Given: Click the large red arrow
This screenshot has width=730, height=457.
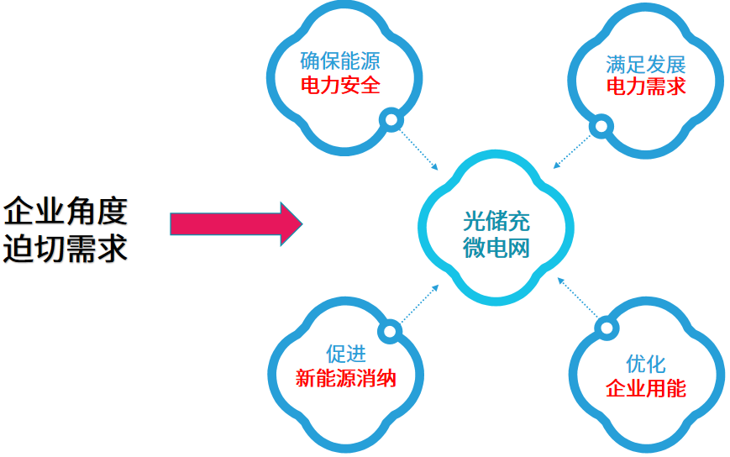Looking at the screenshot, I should coord(235,224).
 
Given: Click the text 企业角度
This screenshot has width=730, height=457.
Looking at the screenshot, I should coord(66,211).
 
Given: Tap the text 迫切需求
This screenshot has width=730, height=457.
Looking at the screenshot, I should coord(66,250).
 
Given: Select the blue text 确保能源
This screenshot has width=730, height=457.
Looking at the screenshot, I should coord(340,61).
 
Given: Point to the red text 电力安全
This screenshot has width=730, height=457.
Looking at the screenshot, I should coord(340,86).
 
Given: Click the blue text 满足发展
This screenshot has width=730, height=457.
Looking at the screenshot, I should coord(645,65).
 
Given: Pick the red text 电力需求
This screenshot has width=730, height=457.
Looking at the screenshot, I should coord(645,87).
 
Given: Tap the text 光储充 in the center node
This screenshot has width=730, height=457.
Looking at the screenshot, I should coord(496,223).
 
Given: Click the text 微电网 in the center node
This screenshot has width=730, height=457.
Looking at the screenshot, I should coord(496,249).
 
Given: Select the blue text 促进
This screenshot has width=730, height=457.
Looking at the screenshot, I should coord(345,354).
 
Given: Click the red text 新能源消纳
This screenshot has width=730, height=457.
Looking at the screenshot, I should coord(345,378).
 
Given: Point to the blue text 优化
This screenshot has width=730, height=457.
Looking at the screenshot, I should coord(645,364).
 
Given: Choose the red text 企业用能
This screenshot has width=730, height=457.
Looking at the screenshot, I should coord(645,388).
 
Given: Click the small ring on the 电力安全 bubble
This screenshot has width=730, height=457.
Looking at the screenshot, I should coord(391,121).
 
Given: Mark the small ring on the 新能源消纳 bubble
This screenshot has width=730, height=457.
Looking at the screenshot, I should coord(389,332).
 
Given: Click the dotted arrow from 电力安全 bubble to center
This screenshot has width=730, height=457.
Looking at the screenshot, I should coord(418,149).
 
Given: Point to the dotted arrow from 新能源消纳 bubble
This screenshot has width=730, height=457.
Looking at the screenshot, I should coord(418,305).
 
